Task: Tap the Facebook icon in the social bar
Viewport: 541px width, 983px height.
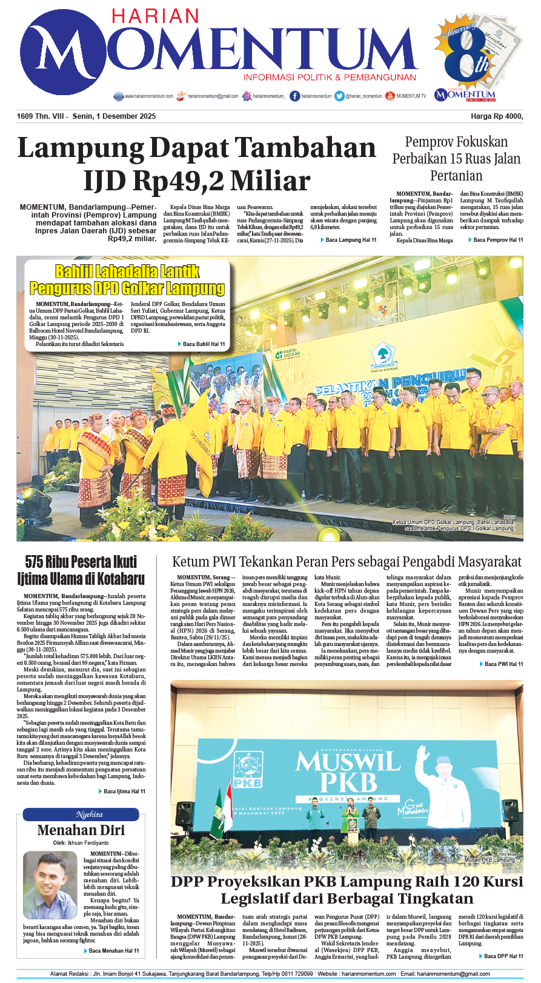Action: click(x=295, y=96)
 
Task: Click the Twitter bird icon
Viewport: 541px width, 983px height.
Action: click(x=339, y=96)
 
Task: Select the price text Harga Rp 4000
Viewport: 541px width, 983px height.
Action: click(x=497, y=116)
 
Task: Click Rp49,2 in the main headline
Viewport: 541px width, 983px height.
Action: click(x=177, y=181)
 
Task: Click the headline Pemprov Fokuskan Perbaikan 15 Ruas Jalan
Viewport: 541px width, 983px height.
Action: click(x=456, y=159)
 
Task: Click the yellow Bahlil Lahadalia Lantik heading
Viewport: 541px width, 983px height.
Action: click(x=127, y=271)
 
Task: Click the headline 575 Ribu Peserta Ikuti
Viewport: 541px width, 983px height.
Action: click(x=81, y=562)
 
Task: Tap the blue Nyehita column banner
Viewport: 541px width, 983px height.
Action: click(x=81, y=815)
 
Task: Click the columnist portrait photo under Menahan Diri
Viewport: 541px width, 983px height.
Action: click(x=50, y=885)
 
